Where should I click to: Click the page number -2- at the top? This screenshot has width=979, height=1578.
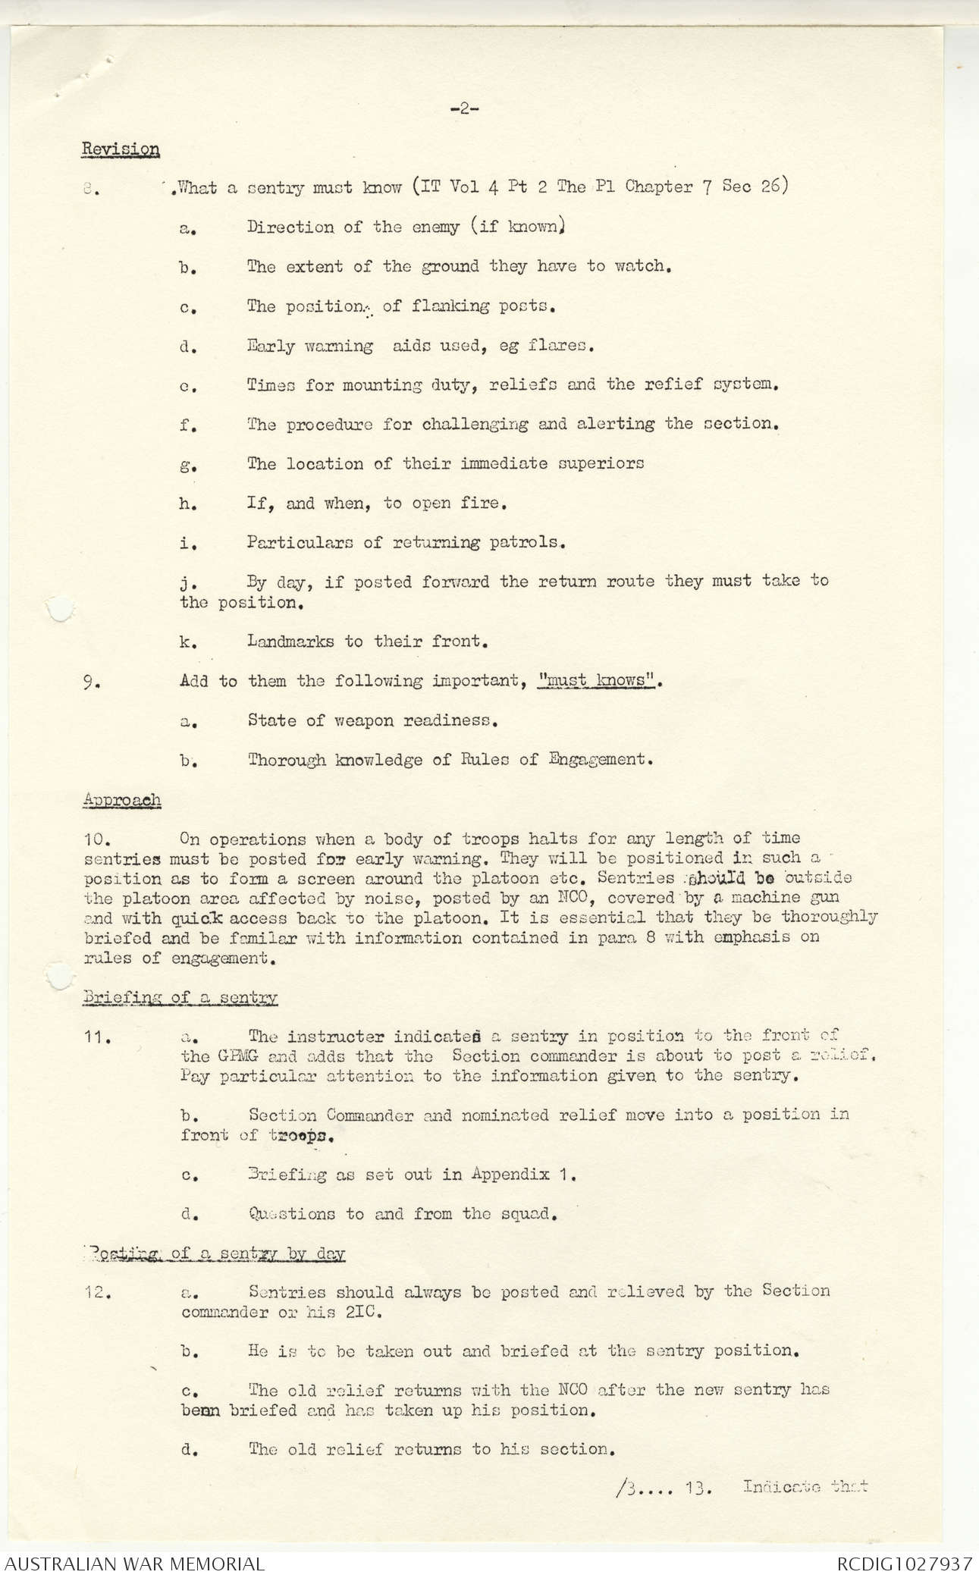tap(463, 109)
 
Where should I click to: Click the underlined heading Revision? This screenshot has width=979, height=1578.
tap(120, 149)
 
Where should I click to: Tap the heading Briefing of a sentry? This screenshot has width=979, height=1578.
tap(180, 997)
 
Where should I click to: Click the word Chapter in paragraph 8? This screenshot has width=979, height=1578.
tap(658, 187)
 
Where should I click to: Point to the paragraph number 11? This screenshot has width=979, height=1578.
tap(99, 1037)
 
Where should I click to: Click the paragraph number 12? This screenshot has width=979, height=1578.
tap(99, 1291)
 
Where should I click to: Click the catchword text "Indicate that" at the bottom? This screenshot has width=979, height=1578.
tap(805, 1486)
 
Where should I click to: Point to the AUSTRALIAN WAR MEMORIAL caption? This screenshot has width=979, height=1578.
tap(134, 1563)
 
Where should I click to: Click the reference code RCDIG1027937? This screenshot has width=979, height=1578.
tap(904, 1563)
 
